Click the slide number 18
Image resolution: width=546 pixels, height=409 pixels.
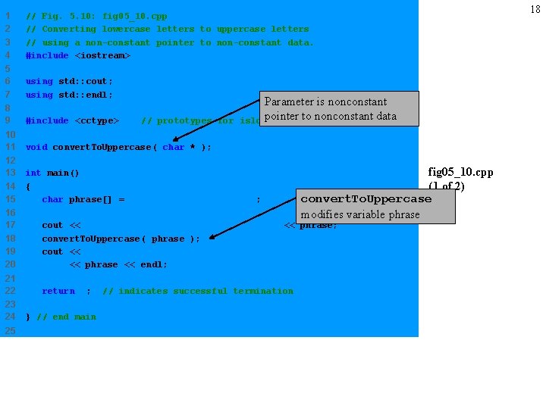[534, 9]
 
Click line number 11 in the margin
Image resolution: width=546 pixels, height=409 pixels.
[10, 147]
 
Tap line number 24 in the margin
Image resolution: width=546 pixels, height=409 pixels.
[10, 317]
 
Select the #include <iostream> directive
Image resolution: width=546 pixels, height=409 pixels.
[78, 55]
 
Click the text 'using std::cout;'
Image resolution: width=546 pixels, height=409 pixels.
[69, 82]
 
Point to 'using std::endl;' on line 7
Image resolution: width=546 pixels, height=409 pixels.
[69, 95]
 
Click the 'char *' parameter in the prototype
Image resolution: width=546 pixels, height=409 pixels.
[180, 147]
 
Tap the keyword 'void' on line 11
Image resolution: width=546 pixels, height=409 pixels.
[36, 147]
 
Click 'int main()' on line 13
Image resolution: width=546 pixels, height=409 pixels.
[52, 173]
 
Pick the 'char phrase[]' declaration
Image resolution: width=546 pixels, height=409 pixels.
[83, 200]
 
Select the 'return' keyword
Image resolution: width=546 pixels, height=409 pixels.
[58, 291]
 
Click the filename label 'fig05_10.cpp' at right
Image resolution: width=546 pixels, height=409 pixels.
[460, 173]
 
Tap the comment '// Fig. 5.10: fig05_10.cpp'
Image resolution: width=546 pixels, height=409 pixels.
[96, 16]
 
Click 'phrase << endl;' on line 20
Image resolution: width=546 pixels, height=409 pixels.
[118, 265]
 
